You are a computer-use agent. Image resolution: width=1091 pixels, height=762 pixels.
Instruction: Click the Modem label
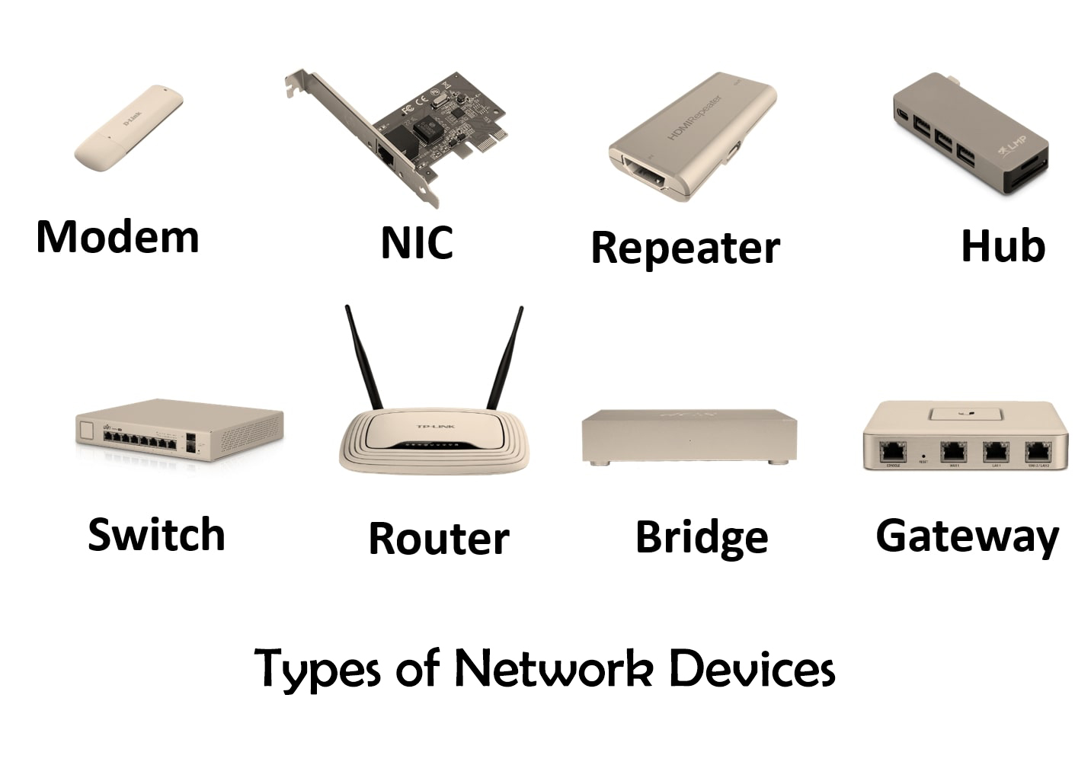click(x=117, y=236)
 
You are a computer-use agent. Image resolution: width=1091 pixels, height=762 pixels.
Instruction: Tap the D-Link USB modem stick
click(x=128, y=127)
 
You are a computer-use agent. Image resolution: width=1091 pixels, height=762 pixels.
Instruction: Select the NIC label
click(x=416, y=242)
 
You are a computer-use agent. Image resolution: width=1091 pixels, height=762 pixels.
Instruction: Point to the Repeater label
click(x=685, y=248)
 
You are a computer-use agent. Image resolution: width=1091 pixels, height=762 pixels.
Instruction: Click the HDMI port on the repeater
click(x=645, y=174)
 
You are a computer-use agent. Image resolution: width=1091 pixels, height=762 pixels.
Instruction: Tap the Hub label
click(x=1002, y=245)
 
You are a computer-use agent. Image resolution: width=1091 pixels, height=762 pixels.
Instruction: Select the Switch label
click(x=156, y=534)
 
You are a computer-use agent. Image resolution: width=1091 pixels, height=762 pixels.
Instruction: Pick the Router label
click(x=438, y=538)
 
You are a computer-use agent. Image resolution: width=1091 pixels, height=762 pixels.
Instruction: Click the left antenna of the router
click(x=363, y=358)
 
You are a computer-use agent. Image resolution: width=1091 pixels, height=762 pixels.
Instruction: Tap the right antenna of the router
click(x=505, y=358)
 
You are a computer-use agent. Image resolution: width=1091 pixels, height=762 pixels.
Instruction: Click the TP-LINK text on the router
click(x=435, y=426)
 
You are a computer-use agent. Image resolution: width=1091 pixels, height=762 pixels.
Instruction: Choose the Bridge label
click(x=701, y=537)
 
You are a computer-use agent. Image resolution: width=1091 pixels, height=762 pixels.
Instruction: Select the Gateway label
click(x=967, y=536)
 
